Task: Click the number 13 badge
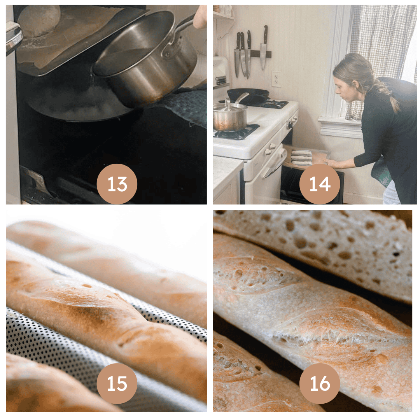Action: point(117,184)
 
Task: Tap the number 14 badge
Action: point(320,184)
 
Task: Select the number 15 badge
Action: point(117,383)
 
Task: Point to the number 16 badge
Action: point(320,383)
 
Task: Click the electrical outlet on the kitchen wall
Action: point(276,79)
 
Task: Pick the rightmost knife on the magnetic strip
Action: point(264,47)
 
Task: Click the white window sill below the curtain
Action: point(340,127)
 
